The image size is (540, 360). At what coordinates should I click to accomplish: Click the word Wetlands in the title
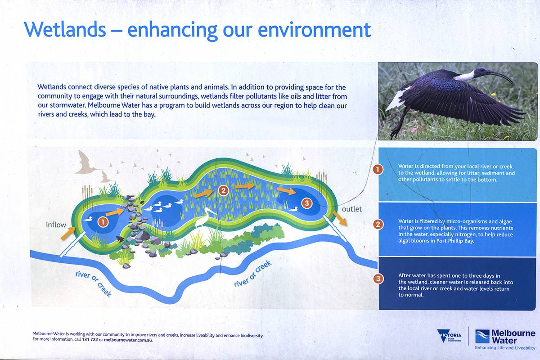[65, 29]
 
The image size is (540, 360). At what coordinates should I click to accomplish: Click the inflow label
[56, 225]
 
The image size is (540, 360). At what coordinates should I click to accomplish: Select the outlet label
[352, 209]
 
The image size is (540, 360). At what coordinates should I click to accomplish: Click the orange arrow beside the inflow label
[68, 233]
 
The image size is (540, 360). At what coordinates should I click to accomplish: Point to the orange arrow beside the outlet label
[340, 218]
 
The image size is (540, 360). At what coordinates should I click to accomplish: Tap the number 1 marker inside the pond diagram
[103, 222]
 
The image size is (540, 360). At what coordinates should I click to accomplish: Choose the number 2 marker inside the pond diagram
[223, 190]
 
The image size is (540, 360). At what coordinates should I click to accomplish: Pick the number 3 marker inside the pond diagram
[306, 203]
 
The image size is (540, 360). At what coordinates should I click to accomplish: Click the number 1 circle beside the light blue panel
[378, 170]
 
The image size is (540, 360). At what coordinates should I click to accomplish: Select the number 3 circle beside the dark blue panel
[378, 279]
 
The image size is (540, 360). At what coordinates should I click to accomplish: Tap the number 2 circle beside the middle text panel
[378, 225]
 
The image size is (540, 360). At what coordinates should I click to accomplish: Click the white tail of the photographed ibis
[396, 99]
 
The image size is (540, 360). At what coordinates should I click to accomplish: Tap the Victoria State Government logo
[449, 336]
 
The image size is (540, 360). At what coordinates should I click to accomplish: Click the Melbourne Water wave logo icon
[482, 337]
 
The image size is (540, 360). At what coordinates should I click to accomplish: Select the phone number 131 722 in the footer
[90, 340]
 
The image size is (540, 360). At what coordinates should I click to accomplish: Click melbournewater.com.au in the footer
[128, 340]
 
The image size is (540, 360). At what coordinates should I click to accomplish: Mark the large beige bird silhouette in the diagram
[87, 163]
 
